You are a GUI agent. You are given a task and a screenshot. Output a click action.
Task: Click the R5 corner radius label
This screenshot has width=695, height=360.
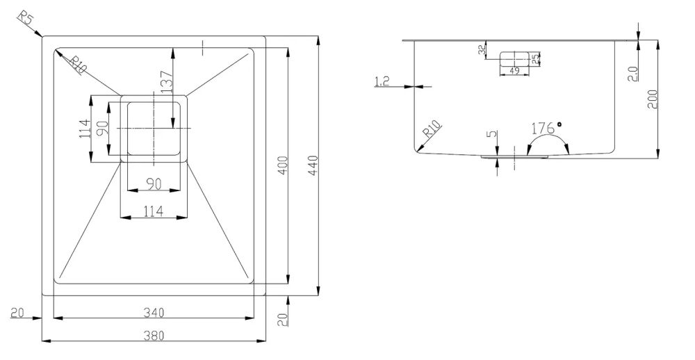(x=25, y=20)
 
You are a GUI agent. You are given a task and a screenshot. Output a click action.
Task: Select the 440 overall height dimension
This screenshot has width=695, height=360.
(x=313, y=166)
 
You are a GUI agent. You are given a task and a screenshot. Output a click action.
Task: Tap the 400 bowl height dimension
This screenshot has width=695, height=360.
(x=284, y=166)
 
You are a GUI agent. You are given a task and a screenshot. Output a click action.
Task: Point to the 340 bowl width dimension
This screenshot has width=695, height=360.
(x=154, y=313)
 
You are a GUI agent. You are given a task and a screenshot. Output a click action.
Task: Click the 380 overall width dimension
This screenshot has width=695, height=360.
(x=154, y=335)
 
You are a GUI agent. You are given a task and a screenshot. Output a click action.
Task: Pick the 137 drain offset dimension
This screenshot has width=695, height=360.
(x=166, y=81)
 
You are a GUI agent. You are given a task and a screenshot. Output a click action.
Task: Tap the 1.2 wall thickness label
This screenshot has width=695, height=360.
(x=382, y=81)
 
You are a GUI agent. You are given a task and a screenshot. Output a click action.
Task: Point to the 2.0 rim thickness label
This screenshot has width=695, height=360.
(x=632, y=74)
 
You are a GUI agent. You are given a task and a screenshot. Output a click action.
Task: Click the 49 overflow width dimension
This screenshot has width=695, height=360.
(x=514, y=70)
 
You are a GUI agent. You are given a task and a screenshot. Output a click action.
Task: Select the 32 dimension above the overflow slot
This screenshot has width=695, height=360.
(x=482, y=50)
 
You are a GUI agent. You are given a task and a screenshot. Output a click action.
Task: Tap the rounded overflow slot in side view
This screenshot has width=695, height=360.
(x=514, y=59)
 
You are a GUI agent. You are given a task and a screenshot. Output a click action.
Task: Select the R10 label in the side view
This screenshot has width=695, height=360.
(x=432, y=129)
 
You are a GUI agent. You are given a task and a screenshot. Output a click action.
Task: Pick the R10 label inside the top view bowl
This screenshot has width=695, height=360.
(x=77, y=65)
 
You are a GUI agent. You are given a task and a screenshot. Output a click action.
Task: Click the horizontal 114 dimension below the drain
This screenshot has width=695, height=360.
(x=154, y=211)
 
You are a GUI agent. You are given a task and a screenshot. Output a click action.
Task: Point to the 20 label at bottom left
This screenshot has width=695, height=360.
(x=17, y=313)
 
